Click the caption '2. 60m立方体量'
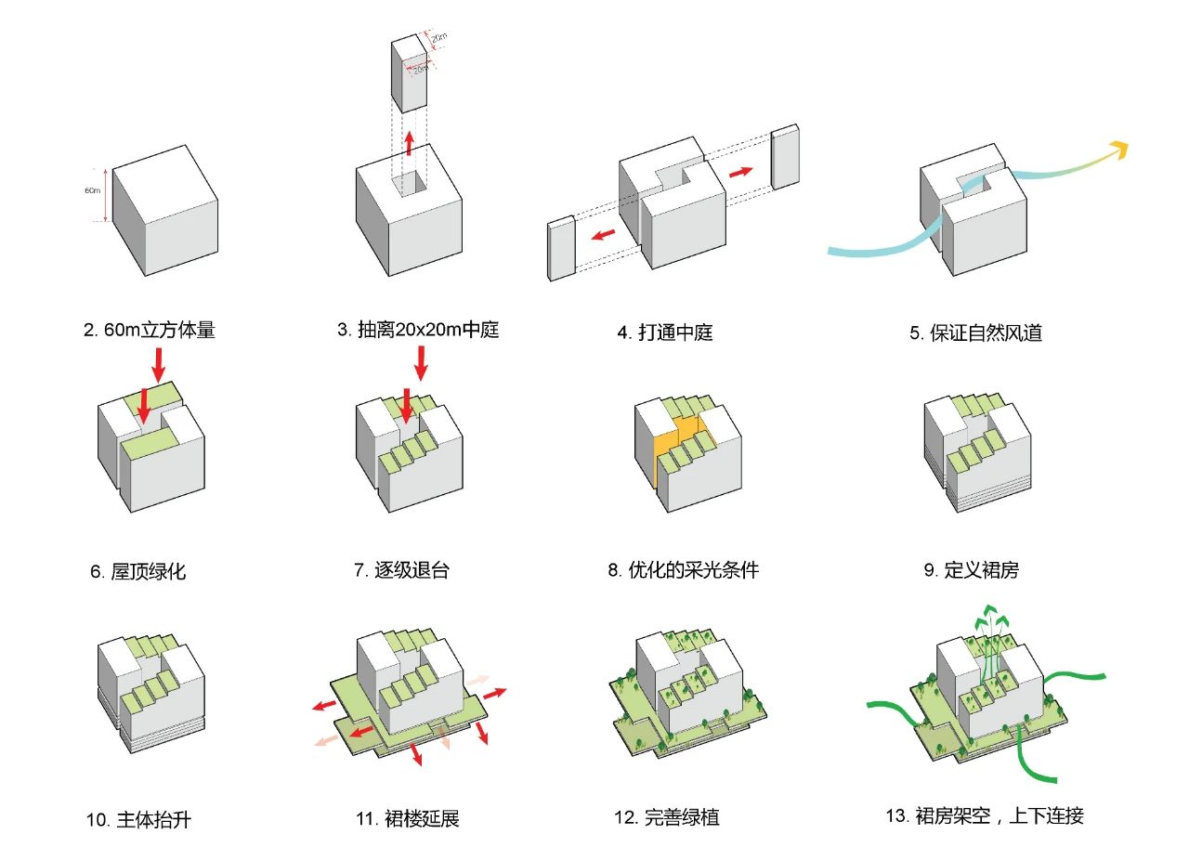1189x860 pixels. pos(149,330)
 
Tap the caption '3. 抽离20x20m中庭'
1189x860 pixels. pos(418,330)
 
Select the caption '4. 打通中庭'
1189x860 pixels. pos(665,332)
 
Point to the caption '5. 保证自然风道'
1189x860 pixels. pos(975,332)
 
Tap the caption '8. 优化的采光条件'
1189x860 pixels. pos(683,570)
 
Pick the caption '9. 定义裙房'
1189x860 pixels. pos(971,570)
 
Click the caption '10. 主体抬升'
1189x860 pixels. pos(138,820)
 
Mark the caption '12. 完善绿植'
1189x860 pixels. pos(666,818)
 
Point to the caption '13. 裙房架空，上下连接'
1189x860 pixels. pos(985,816)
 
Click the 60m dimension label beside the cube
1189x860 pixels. pos(92,190)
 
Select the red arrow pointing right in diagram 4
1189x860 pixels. pos(741,173)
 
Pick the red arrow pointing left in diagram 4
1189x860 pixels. pos(603,233)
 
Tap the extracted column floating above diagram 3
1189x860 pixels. pos(409,74)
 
